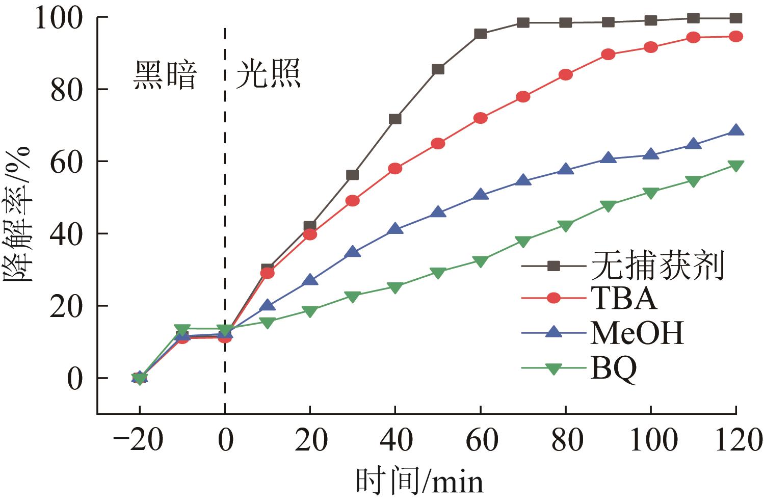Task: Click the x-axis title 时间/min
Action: [x=419, y=481]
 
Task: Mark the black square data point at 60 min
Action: [x=480, y=34]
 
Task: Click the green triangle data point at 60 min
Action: [x=480, y=261]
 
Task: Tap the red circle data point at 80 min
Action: [x=565, y=75]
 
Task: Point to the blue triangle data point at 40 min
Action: [x=395, y=229]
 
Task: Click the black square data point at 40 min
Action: [x=395, y=119]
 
